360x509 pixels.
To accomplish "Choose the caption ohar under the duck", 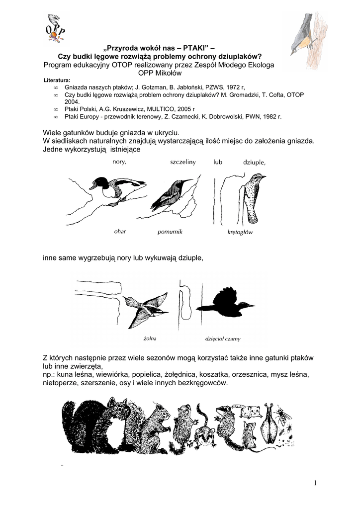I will (x=120, y=231).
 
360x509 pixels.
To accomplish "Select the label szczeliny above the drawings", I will (x=182, y=162).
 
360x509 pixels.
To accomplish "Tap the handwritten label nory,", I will (x=119, y=162).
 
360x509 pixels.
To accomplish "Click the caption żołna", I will (x=150, y=338).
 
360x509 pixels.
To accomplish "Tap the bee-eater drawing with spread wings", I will (x=146, y=308).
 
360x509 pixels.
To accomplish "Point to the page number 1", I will (x=315, y=483).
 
